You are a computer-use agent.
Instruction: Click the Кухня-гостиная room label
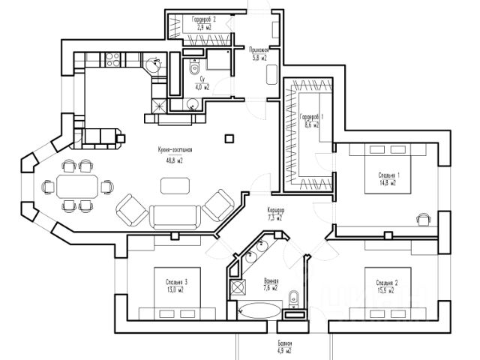click(171, 151)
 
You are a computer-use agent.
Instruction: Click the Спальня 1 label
click(388, 175)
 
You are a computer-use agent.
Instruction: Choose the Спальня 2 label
click(386, 282)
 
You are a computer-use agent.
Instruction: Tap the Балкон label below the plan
click(283, 344)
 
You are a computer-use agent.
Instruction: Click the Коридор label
click(275, 211)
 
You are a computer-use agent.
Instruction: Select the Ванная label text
click(271, 280)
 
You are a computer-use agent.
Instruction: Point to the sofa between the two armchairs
click(175, 216)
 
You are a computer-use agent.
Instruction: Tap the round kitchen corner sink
click(154, 65)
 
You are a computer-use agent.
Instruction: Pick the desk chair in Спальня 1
click(424, 218)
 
